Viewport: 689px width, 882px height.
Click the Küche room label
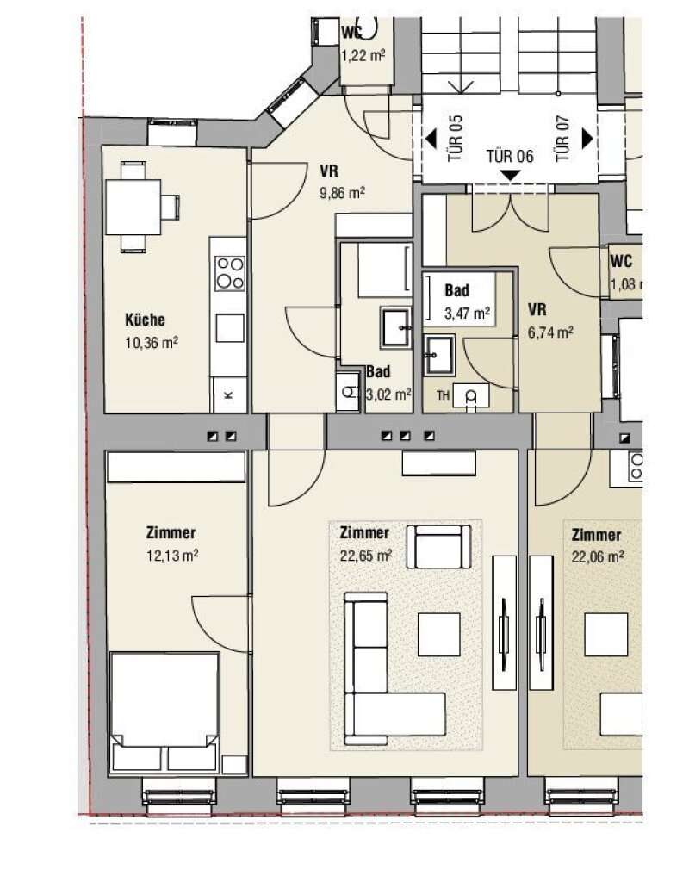point(145,320)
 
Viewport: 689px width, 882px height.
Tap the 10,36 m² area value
point(152,342)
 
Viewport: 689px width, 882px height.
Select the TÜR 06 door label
point(510,156)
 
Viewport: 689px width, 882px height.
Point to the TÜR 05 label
point(455,139)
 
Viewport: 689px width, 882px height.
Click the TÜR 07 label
point(562,139)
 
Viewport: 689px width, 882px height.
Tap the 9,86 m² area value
point(342,193)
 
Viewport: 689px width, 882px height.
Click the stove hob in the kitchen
point(231,273)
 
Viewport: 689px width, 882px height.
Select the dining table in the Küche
point(133,207)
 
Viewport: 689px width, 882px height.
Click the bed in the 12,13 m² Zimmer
point(164,712)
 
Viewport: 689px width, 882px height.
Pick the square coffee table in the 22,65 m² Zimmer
point(438,635)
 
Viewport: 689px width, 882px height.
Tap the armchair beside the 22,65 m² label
point(438,547)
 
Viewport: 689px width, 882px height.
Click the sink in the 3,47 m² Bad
point(439,356)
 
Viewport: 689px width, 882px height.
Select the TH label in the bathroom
point(444,395)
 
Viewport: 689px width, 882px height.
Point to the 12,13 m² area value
point(172,556)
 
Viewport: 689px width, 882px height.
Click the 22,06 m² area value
point(598,557)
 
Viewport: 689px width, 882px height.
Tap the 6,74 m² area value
point(550,332)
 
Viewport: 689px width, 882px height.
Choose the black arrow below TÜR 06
point(510,176)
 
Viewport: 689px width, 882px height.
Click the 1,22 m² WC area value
point(363,56)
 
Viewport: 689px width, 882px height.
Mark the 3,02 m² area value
point(388,394)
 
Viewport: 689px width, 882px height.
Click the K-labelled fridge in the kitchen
point(229,394)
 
